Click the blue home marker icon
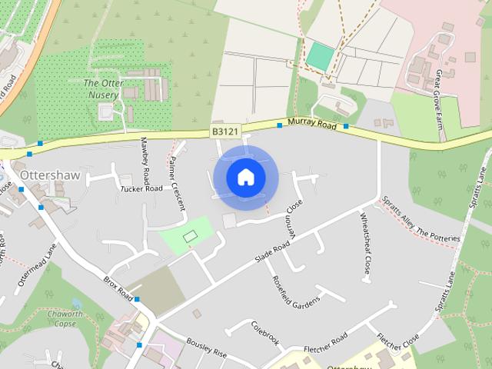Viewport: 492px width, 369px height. pyautogui.click(x=245, y=177)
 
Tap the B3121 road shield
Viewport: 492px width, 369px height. pyautogui.click(x=224, y=133)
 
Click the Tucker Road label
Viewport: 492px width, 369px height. pyautogui.click(x=141, y=188)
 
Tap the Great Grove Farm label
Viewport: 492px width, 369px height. pyautogui.click(x=447, y=93)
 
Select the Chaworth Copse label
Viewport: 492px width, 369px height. pyautogui.click(x=65, y=318)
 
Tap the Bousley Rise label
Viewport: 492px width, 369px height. pyautogui.click(x=206, y=347)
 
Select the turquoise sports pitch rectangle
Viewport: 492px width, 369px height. pyautogui.click(x=320, y=55)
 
